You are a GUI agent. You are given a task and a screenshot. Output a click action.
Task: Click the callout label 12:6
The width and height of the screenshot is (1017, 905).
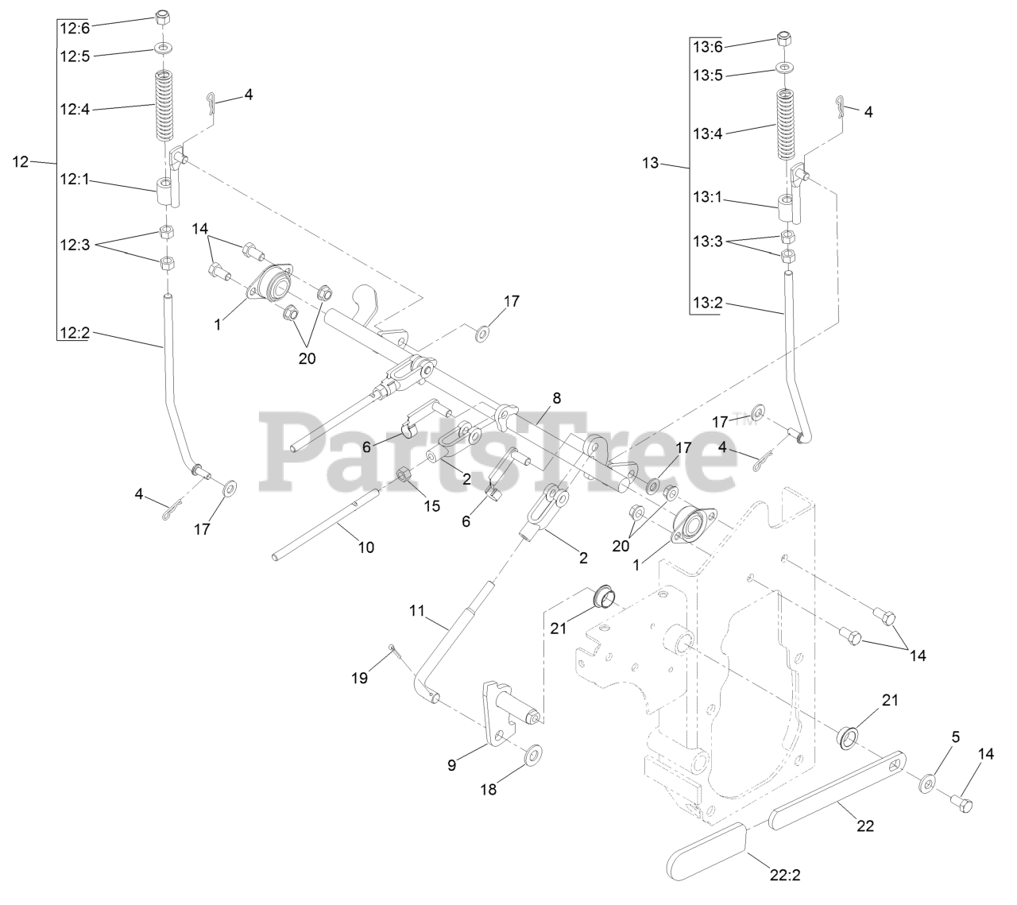(75, 28)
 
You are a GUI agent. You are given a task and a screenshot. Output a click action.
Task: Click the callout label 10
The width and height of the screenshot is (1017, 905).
(365, 547)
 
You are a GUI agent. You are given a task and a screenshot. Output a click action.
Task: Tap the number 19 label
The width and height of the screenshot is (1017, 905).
(360, 678)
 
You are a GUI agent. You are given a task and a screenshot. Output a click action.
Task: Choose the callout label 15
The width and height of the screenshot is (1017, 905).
(431, 505)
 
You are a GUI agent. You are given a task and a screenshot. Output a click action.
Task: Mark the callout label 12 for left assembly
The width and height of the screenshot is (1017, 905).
(21, 162)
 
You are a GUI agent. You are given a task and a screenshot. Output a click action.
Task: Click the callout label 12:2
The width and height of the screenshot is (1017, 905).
(75, 334)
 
